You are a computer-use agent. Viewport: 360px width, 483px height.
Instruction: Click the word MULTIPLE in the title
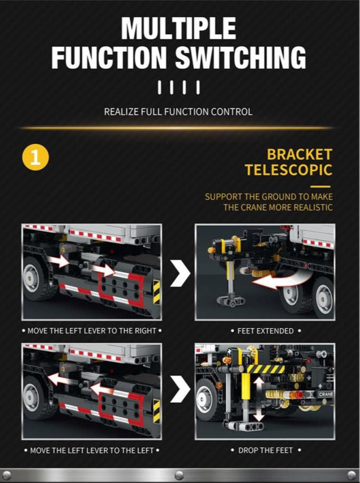click(x=178, y=28)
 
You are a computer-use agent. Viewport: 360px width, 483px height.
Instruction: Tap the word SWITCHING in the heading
click(x=241, y=57)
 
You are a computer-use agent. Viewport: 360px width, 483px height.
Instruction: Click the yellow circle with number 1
click(x=35, y=157)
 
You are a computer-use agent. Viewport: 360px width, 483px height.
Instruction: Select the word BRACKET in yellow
click(x=299, y=154)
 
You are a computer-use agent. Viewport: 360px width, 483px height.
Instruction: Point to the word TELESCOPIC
click(x=289, y=170)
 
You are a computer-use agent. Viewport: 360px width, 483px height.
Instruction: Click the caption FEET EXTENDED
click(x=266, y=331)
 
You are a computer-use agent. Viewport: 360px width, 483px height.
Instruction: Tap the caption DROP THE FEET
click(x=266, y=450)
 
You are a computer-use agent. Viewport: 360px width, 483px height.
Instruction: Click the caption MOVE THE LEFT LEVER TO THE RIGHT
click(x=92, y=331)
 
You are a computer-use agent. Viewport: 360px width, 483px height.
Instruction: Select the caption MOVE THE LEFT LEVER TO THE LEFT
click(x=92, y=450)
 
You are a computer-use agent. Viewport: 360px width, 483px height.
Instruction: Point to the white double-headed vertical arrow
click(x=259, y=399)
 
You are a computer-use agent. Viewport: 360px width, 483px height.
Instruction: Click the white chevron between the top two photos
click(x=180, y=273)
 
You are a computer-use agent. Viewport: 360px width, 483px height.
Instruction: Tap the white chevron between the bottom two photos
click(x=180, y=389)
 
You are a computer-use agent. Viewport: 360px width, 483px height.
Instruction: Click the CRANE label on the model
click(x=326, y=395)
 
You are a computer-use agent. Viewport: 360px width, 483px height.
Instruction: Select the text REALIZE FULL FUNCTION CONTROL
click(x=178, y=112)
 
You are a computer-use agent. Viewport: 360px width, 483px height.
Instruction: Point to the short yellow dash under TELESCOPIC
click(x=320, y=187)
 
